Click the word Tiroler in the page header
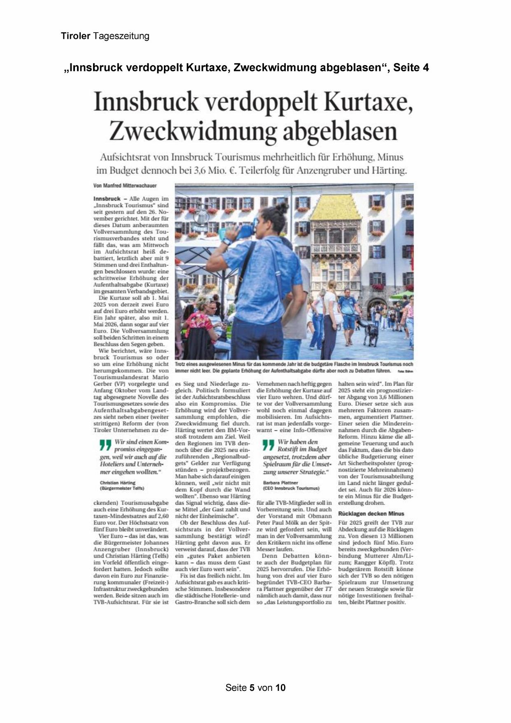coord(76,36)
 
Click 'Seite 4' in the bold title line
coord(411,67)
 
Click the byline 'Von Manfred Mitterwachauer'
coord(125,185)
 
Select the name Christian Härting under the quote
coord(117,482)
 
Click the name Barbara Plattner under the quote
coord(280,482)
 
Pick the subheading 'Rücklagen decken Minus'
coord(371,514)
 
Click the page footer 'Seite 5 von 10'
coord(255,688)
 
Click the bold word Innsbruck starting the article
coord(107,198)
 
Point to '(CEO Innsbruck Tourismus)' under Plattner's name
coord(291,488)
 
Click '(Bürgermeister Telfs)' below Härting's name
coord(122,488)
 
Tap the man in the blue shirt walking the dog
coord(347,309)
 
